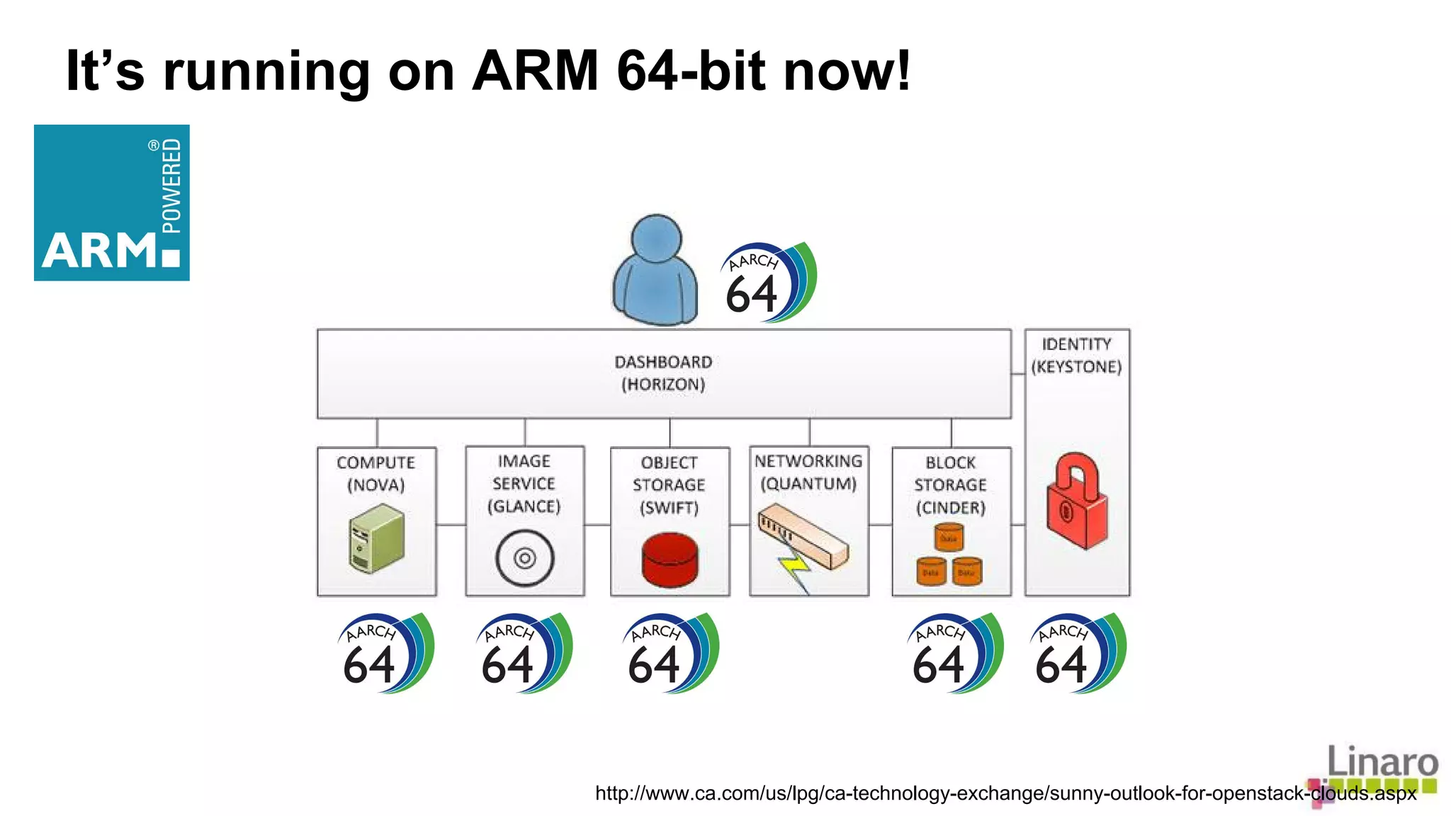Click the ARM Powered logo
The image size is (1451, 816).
111,203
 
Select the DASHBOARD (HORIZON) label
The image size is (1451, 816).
663,373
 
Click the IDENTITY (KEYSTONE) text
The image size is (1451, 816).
1076,356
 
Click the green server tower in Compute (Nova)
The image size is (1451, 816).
376,538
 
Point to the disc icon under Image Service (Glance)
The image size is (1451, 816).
524,558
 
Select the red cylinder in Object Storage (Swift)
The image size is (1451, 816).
670,560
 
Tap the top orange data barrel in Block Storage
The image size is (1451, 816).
949,537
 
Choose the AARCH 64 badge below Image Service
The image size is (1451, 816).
522,654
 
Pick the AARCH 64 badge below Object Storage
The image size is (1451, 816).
670,654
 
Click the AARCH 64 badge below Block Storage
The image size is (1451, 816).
954,654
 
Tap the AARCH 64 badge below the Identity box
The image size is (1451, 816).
1076,654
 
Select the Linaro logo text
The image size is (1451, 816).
1382,762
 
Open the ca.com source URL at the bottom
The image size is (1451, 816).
1005,793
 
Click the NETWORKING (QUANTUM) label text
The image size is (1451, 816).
808,472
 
